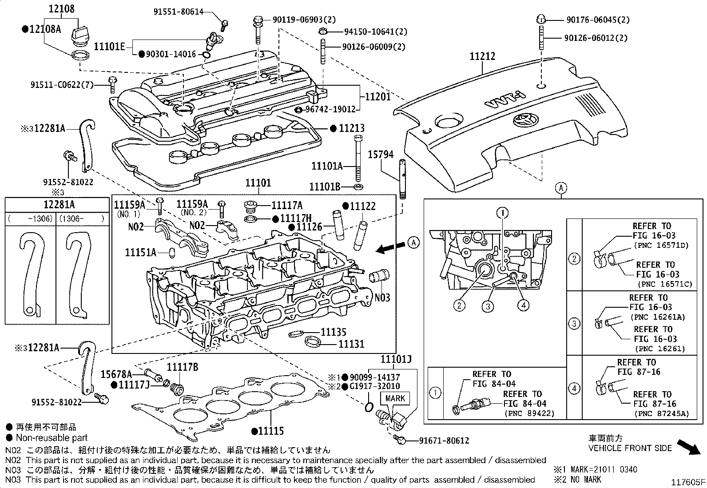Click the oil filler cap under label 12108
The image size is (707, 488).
point(80,36)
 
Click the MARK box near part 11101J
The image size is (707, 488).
point(395,398)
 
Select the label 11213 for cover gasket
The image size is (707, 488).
point(351,128)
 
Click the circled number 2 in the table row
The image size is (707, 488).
point(574,259)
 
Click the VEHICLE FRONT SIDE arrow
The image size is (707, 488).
point(689,446)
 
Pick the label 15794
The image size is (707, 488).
point(381,155)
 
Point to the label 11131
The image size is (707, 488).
point(351,344)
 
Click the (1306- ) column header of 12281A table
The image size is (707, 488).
point(82,218)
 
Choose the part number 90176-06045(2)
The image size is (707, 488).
point(598,20)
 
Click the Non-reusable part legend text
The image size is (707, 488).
point(52,438)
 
